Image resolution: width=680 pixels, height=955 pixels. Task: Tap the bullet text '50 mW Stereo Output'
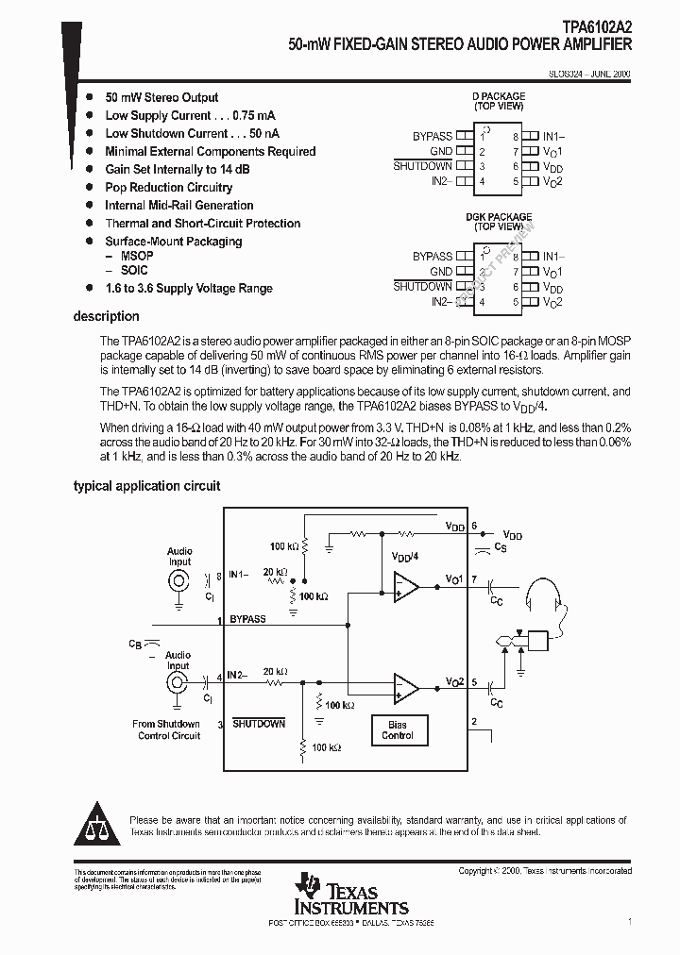[161, 97]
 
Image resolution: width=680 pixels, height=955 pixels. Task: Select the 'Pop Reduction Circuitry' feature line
[168, 187]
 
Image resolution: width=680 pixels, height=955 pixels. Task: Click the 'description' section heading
[106, 316]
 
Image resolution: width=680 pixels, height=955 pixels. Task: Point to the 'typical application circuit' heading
[146, 486]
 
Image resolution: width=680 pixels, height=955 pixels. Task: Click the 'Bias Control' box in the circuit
[398, 729]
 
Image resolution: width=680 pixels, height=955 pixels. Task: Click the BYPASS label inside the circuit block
[247, 619]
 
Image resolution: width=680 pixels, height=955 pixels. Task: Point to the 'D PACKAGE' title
[499, 96]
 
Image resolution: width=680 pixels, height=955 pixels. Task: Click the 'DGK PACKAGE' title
[499, 217]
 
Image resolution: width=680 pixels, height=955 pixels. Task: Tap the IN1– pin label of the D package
[553, 137]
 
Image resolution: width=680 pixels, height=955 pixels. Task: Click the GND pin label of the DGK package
[441, 271]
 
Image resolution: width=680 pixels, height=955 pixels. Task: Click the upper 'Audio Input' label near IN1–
[179, 556]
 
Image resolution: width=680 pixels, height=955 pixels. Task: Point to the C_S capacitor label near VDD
[501, 546]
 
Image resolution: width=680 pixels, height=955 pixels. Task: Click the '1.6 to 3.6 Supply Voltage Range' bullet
[188, 289]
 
